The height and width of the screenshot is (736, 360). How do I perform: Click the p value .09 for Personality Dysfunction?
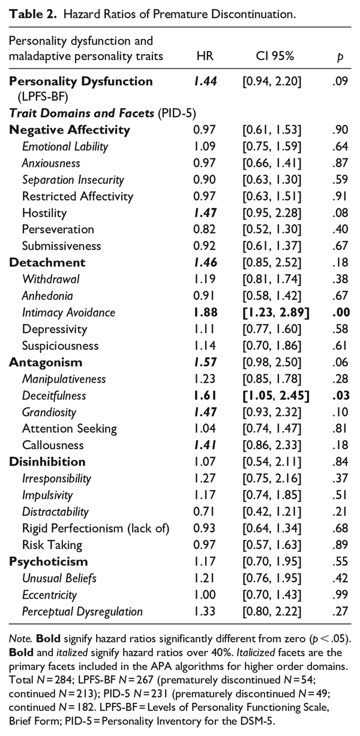(x=338, y=80)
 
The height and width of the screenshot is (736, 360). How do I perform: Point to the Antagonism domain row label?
(x=46, y=362)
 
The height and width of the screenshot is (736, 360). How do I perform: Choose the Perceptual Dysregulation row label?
(x=82, y=611)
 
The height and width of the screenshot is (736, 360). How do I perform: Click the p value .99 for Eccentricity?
(x=338, y=595)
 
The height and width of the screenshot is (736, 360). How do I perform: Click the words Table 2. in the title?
(x=29, y=13)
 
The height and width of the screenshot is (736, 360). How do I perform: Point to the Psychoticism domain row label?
(x=49, y=561)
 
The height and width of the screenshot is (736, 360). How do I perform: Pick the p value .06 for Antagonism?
(x=338, y=362)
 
